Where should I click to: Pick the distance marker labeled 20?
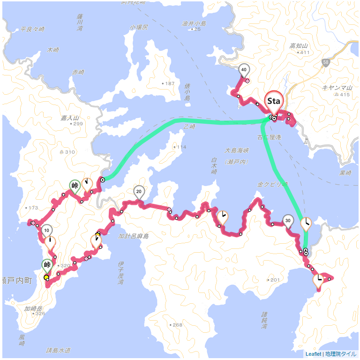[139, 191]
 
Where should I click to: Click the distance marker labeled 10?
[46, 230]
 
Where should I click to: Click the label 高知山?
[298, 45]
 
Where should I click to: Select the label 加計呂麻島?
[133, 236]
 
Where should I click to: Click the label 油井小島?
[194, 23]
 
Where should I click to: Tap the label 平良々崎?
[33, 29]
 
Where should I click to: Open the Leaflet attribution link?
[313, 354]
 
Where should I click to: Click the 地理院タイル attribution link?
[341, 354]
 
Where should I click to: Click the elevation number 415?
[345, 95]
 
